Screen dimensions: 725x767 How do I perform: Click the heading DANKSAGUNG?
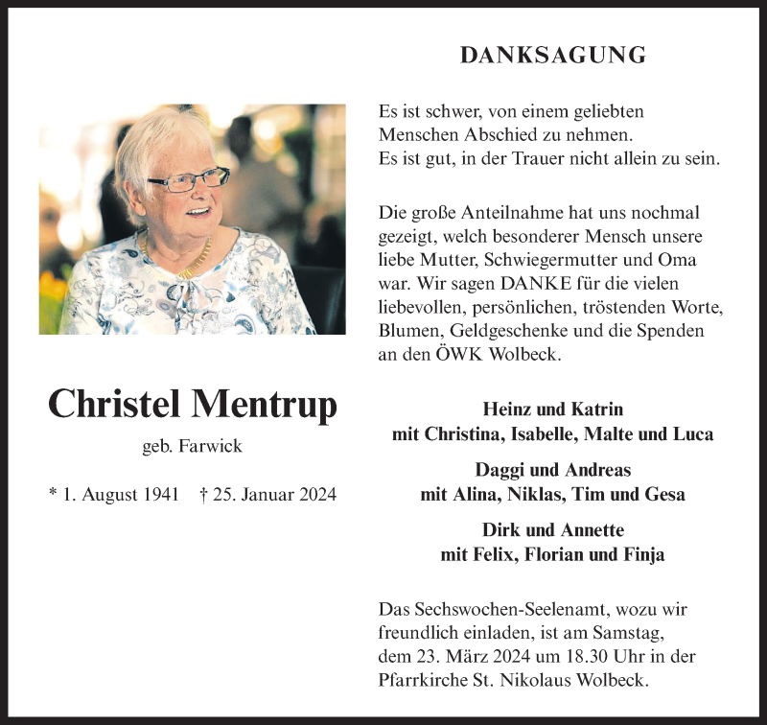tap(552, 56)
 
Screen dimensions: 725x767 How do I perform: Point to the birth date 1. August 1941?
tap(121, 495)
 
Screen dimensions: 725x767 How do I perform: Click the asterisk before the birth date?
tap(52, 495)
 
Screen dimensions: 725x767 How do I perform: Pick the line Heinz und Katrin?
tap(552, 408)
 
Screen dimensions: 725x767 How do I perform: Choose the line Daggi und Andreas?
tap(552, 470)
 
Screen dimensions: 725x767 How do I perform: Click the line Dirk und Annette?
tap(552, 530)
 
